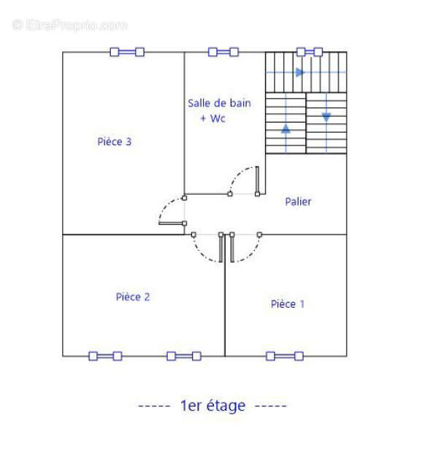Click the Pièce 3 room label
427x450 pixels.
point(115,141)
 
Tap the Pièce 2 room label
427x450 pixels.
point(133,297)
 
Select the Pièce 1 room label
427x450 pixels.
point(288,304)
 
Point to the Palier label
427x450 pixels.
point(298,201)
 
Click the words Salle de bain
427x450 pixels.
point(219,103)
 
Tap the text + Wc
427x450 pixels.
point(213,118)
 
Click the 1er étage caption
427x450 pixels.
point(213,406)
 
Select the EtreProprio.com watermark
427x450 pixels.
point(69,25)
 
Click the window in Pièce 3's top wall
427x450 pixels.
point(127,52)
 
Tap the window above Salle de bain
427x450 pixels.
point(223,52)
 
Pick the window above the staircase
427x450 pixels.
point(309,52)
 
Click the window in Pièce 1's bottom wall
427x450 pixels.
point(285,356)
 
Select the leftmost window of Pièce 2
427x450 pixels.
point(105,356)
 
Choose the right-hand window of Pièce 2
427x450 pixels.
point(184,356)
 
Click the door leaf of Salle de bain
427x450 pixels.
point(257,181)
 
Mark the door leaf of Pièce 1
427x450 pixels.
point(232,247)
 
